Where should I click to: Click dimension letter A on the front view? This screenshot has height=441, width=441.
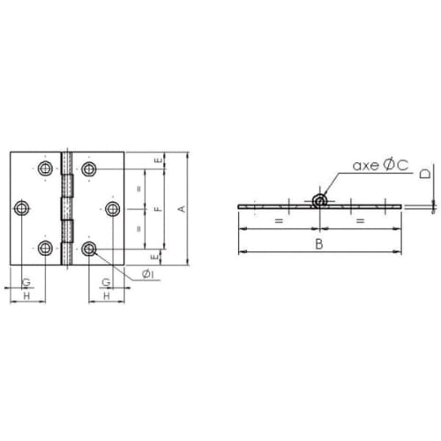point(183,209)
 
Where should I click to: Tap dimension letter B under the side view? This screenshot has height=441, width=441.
point(319,244)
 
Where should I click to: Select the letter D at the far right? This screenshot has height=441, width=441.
point(425,173)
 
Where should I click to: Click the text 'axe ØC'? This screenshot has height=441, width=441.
point(380,165)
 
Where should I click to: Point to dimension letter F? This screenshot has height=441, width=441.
point(158,209)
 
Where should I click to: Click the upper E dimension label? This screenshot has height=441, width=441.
point(159,161)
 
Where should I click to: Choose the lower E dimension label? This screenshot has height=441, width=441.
point(154,257)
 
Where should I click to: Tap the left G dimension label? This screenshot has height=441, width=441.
point(26,282)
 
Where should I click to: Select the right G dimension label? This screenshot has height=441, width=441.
point(106,282)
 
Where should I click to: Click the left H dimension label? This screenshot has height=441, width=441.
point(26,295)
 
